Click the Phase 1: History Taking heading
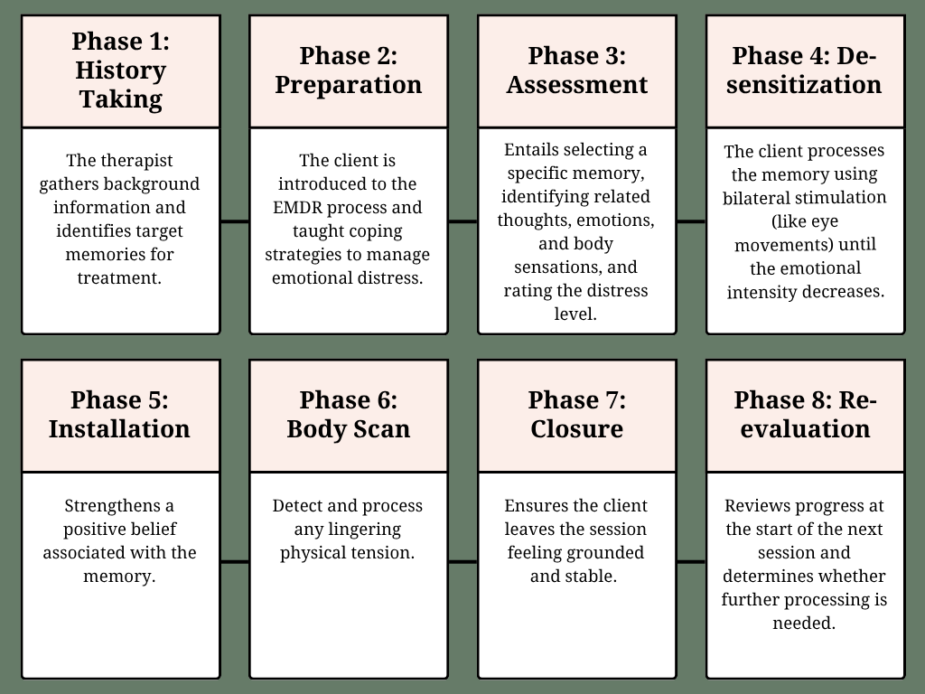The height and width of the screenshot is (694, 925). click(121, 70)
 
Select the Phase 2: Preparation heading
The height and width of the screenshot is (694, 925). click(349, 70)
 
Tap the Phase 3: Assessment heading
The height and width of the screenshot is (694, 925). click(577, 70)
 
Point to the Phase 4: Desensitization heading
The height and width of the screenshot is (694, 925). click(805, 70)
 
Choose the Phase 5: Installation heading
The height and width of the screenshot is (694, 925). click(120, 414)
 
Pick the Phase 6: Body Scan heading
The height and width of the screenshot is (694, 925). click(349, 414)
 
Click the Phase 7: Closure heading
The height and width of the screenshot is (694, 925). click(577, 414)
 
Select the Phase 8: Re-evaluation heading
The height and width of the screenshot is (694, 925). click(805, 414)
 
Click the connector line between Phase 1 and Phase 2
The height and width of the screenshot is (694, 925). click(235, 222)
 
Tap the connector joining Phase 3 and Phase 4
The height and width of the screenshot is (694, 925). click(691, 222)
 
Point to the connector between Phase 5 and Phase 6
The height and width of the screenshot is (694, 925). click(235, 562)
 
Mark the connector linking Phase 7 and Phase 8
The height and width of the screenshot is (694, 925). click(691, 562)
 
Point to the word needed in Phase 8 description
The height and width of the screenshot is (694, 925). click(804, 624)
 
